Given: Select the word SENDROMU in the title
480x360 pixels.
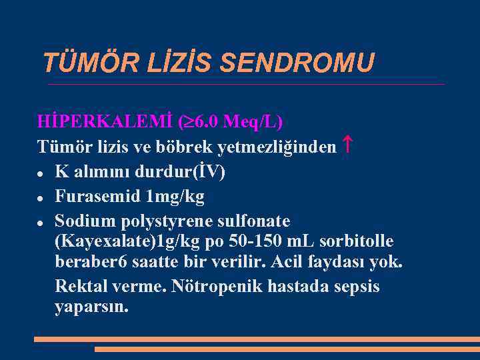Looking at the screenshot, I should pos(297,64).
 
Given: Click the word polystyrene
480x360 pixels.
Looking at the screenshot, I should pos(167,221).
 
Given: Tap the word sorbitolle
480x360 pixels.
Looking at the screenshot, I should pos(357,241).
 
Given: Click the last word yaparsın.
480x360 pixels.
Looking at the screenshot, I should pos(91,309).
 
